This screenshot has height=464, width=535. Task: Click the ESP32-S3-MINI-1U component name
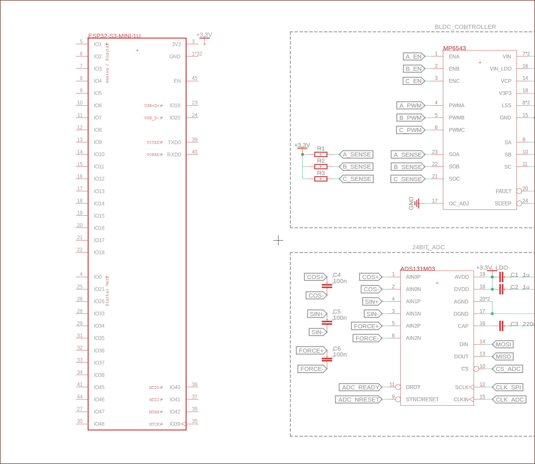pos(114,36)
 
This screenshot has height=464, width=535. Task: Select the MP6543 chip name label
pos(454,48)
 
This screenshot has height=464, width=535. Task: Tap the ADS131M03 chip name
pos(417,269)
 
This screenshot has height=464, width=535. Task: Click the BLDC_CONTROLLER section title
pos(465,27)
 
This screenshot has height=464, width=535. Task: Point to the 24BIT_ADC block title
pos(428,247)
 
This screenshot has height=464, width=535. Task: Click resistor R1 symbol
pos(321,154)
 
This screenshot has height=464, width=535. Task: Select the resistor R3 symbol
pos(321,179)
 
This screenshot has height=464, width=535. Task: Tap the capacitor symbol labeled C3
pos(501,326)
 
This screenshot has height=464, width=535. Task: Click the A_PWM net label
pos(410,105)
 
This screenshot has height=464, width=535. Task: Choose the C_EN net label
pos(413,81)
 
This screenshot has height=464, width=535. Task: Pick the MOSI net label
pos(503,344)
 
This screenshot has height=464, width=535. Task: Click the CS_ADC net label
pos(507,369)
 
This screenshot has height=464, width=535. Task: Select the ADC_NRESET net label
pos(358,399)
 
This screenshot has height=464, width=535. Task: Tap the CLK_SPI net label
pos(508,387)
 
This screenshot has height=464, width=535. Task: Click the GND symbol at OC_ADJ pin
pos(417,203)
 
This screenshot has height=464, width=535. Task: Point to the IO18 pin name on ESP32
pos(99,252)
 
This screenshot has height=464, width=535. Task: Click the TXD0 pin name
pos(174,142)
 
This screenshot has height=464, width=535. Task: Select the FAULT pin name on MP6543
pos(503,191)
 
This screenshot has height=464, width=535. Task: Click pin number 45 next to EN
pos(195,78)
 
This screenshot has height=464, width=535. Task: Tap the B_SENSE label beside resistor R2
pos(357,167)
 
